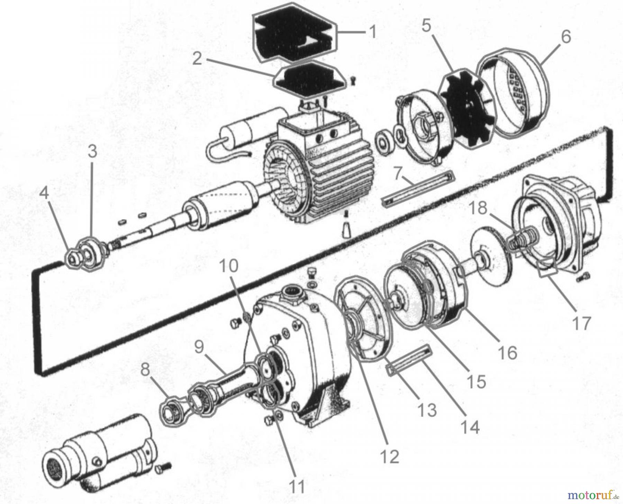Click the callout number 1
tap(372, 32)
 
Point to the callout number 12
tap(390, 457)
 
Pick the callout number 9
tap(200, 347)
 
